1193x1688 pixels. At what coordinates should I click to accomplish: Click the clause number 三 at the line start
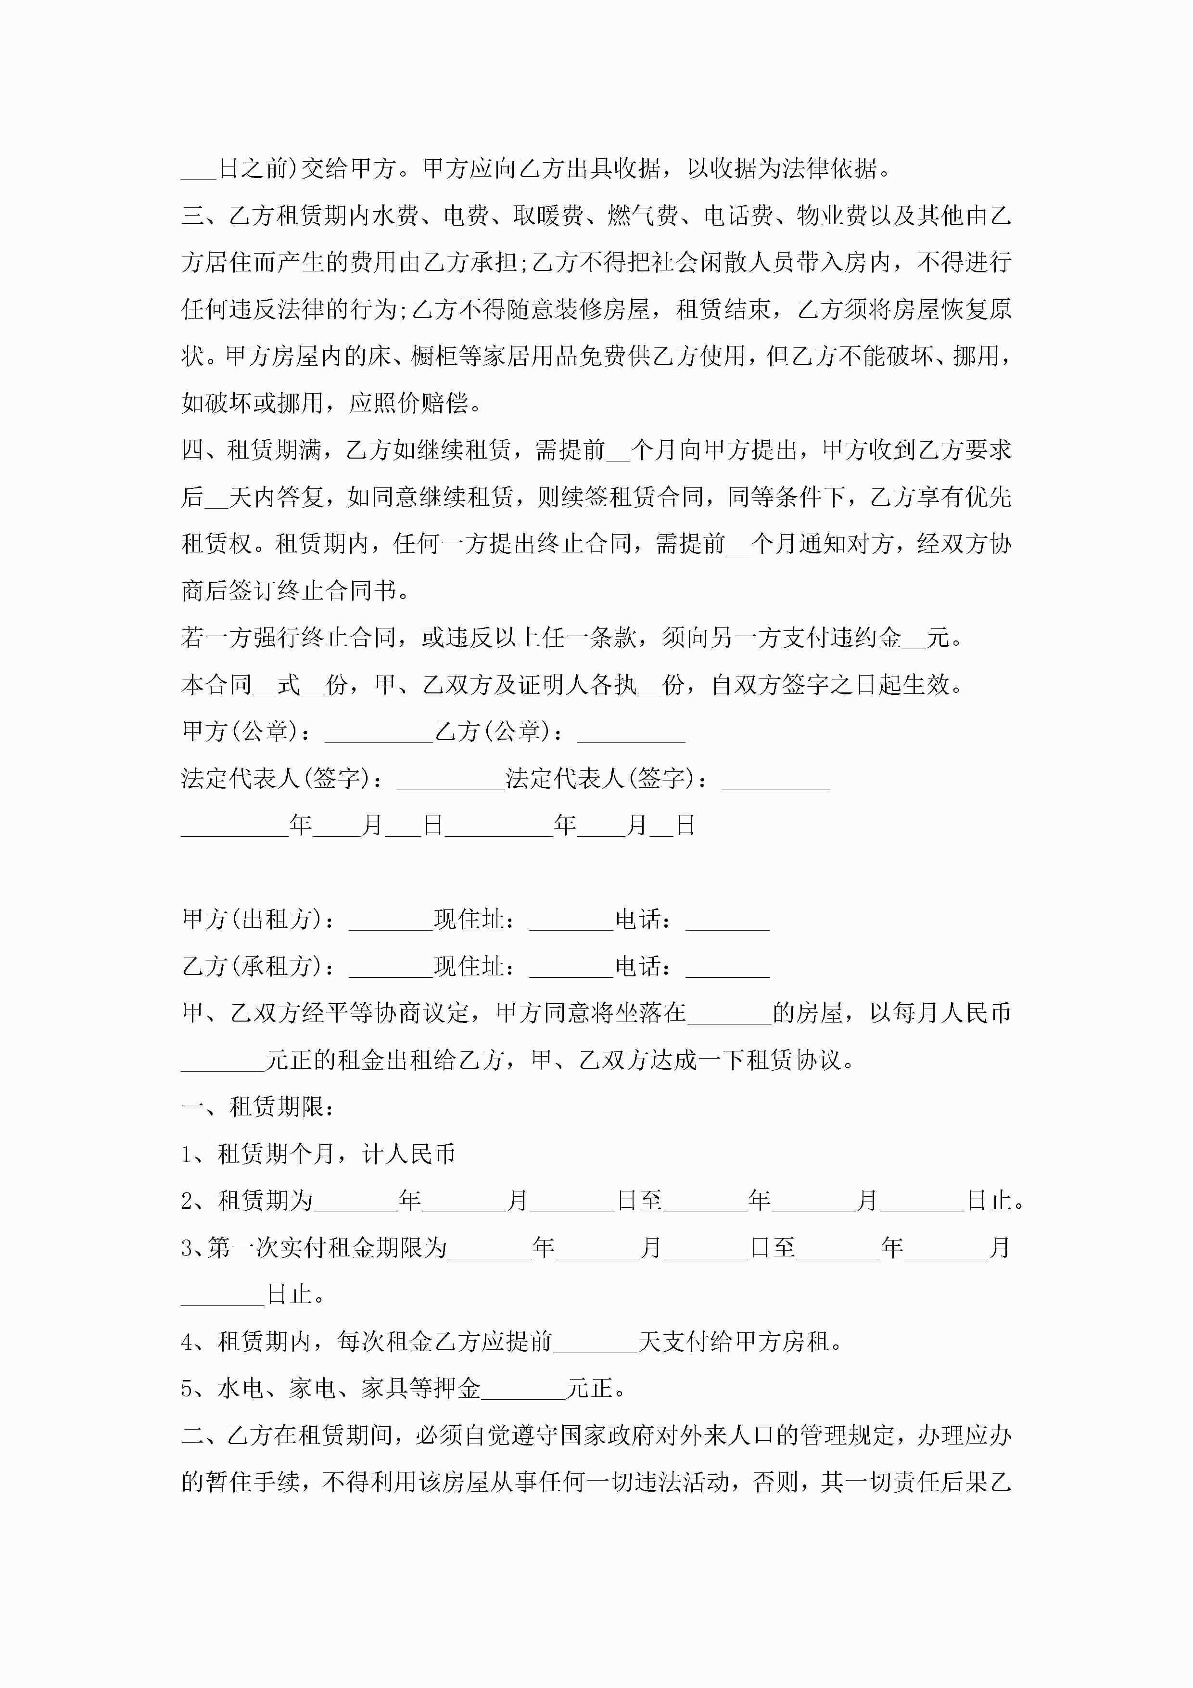(x=192, y=216)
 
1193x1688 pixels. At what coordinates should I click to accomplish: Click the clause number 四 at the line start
(x=192, y=450)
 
